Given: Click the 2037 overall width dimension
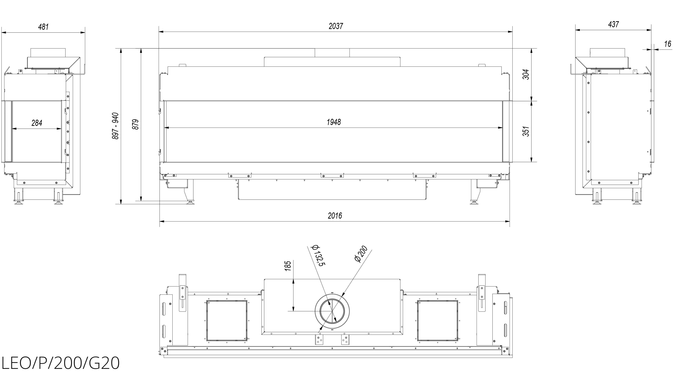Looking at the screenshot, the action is point(336,26).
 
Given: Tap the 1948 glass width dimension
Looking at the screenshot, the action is point(334,122).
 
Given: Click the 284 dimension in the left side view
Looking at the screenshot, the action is point(37,123).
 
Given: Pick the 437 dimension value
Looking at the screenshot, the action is point(613,24).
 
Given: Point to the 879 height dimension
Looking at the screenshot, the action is point(135,125).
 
